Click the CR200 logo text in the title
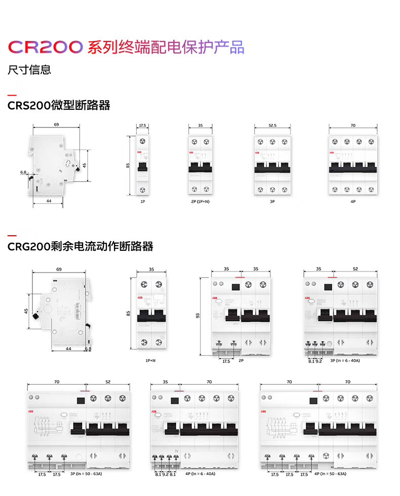45,47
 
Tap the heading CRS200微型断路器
59,106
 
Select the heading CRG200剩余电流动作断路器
81,247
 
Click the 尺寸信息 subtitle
29,70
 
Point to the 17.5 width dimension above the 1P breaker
142,125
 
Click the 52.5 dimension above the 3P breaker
272,125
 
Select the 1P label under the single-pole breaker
142,201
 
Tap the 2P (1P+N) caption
199,201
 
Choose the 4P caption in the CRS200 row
353,201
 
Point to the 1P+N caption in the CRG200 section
150,361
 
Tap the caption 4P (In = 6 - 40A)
200,474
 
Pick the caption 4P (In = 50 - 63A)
330,474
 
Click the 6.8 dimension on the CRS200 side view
23,172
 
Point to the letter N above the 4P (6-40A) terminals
176,451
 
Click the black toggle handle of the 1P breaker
142,166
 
